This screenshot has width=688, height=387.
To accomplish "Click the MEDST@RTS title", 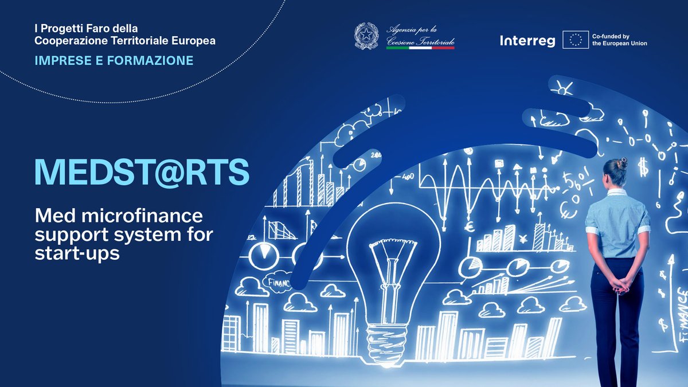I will click(x=142, y=171).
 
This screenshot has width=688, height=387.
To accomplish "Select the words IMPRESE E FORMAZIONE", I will click(x=114, y=60).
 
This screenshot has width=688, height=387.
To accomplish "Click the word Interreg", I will click(x=527, y=40).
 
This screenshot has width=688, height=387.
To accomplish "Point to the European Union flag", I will click(x=576, y=39).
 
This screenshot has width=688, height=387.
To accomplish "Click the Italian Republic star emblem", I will click(x=366, y=36).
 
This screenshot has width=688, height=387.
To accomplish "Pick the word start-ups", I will click(x=77, y=253).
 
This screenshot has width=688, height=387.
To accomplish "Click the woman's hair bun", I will click(x=623, y=163).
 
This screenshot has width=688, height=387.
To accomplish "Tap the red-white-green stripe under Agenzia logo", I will click(x=420, y=48).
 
